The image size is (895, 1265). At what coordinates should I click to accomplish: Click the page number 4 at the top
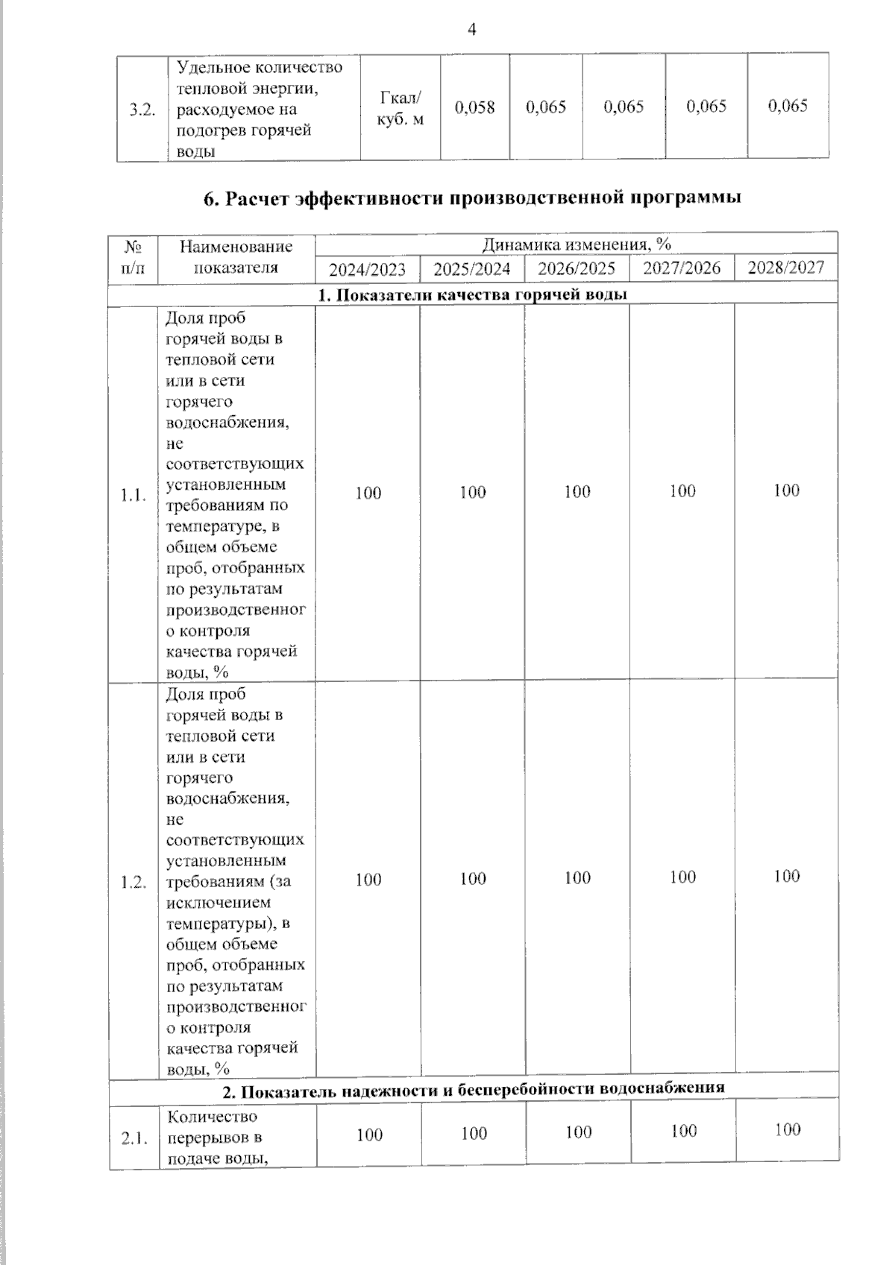(x=471, y=30)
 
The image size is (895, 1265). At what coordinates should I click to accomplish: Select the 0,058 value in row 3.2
(x=474, y=107)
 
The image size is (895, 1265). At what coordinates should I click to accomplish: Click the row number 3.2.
(x=142, y=110)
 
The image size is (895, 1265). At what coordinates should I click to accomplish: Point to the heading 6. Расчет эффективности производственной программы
(x=472, y=198)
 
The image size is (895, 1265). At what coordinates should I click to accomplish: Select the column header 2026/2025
(x=577, y=268)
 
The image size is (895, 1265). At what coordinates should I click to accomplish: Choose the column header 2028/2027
(x=785, y=268)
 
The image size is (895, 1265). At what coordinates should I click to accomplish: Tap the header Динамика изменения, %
(x=576, y=245)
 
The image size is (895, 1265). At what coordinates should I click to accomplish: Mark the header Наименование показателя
(x=236, y=257)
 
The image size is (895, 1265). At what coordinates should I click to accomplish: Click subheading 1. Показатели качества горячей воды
(x=472, y=294)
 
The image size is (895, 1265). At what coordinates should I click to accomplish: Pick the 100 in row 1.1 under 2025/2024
(x=472, y=493)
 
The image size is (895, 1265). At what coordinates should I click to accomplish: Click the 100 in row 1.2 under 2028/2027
(x=786, y=877)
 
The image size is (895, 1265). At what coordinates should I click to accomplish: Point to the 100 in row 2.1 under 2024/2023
(x=368, y=1135)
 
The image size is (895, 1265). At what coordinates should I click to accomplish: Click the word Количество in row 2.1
(x=212, y=1117)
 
